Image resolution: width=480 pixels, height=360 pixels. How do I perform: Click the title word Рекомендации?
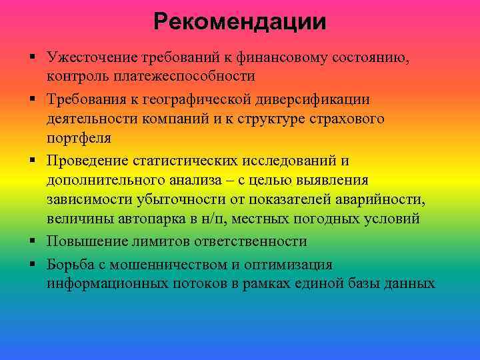(x=240, y=23)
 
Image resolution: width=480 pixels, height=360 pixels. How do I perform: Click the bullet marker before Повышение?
(x=32, y=241)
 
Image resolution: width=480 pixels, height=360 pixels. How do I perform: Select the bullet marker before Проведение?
(x=32, y=161)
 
